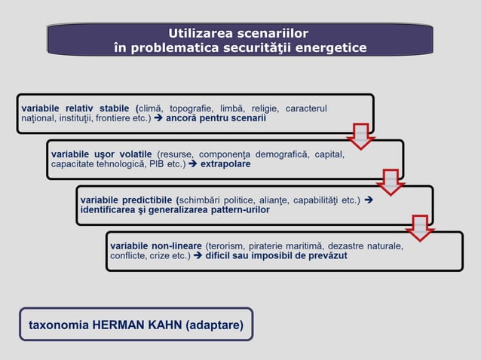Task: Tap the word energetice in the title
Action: (330, 48)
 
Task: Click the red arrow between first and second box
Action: (361, 136)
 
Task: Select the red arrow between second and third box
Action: (391, 182)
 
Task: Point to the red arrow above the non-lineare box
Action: (419, 227)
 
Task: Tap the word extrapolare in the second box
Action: (225, 163)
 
